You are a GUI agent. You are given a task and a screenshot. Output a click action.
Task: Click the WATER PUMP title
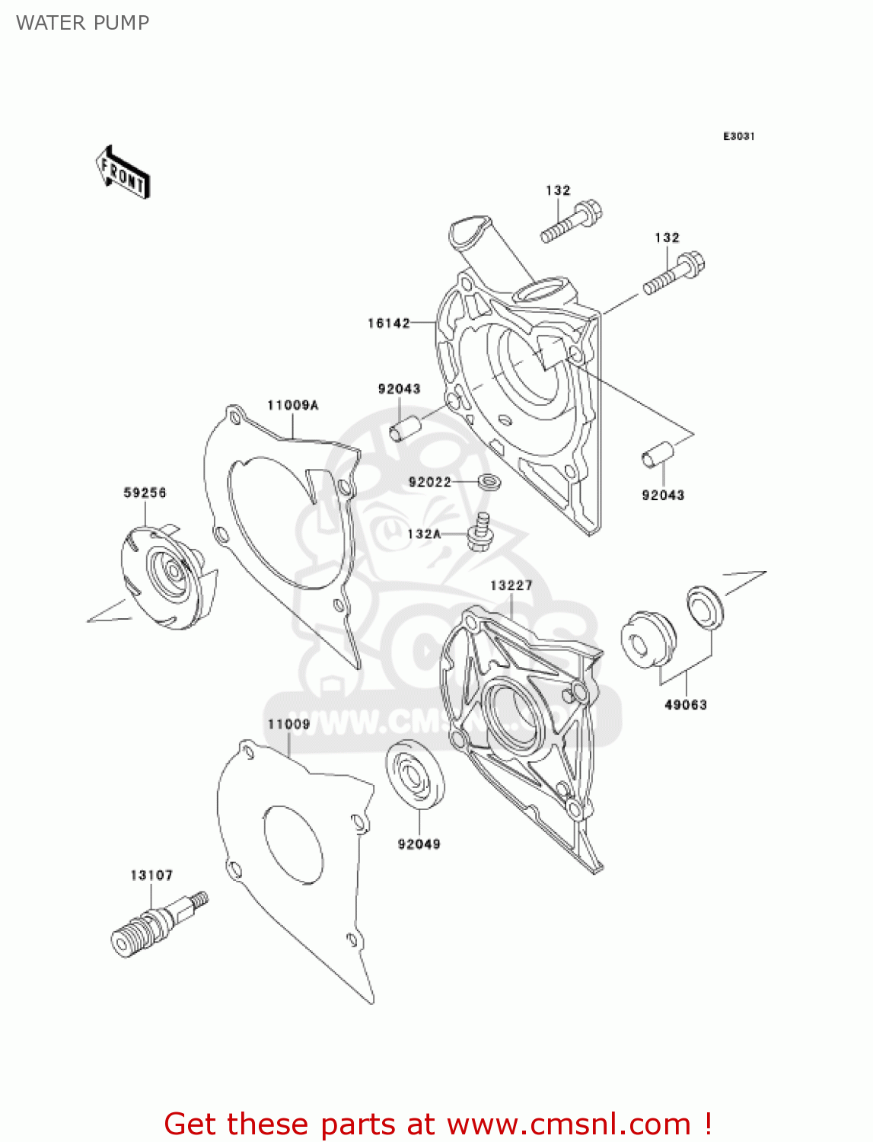[x=82, y=23]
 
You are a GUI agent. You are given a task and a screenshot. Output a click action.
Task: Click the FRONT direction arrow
[x=123, y=173]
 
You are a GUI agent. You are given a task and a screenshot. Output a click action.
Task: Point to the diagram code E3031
[x=738, y=136]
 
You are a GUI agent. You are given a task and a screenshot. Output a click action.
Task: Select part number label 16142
[x=388, y=323]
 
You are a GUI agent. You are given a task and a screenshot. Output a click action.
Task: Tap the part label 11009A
[x=292, y=405]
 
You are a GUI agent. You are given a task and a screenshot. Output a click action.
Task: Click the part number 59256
[x=145, y=493]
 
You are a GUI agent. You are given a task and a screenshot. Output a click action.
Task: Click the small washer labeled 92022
[x=488, y=482]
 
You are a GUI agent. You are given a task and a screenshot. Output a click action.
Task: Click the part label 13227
[x=511, y=585]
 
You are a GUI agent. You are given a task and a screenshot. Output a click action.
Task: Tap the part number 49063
[x=685, y=704]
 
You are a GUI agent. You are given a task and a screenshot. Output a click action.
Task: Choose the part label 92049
[x=419, y=844]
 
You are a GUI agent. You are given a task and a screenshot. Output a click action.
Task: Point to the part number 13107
[x=151, y=875]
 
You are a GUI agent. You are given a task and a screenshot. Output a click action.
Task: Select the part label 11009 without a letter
[x=288, y=724]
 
